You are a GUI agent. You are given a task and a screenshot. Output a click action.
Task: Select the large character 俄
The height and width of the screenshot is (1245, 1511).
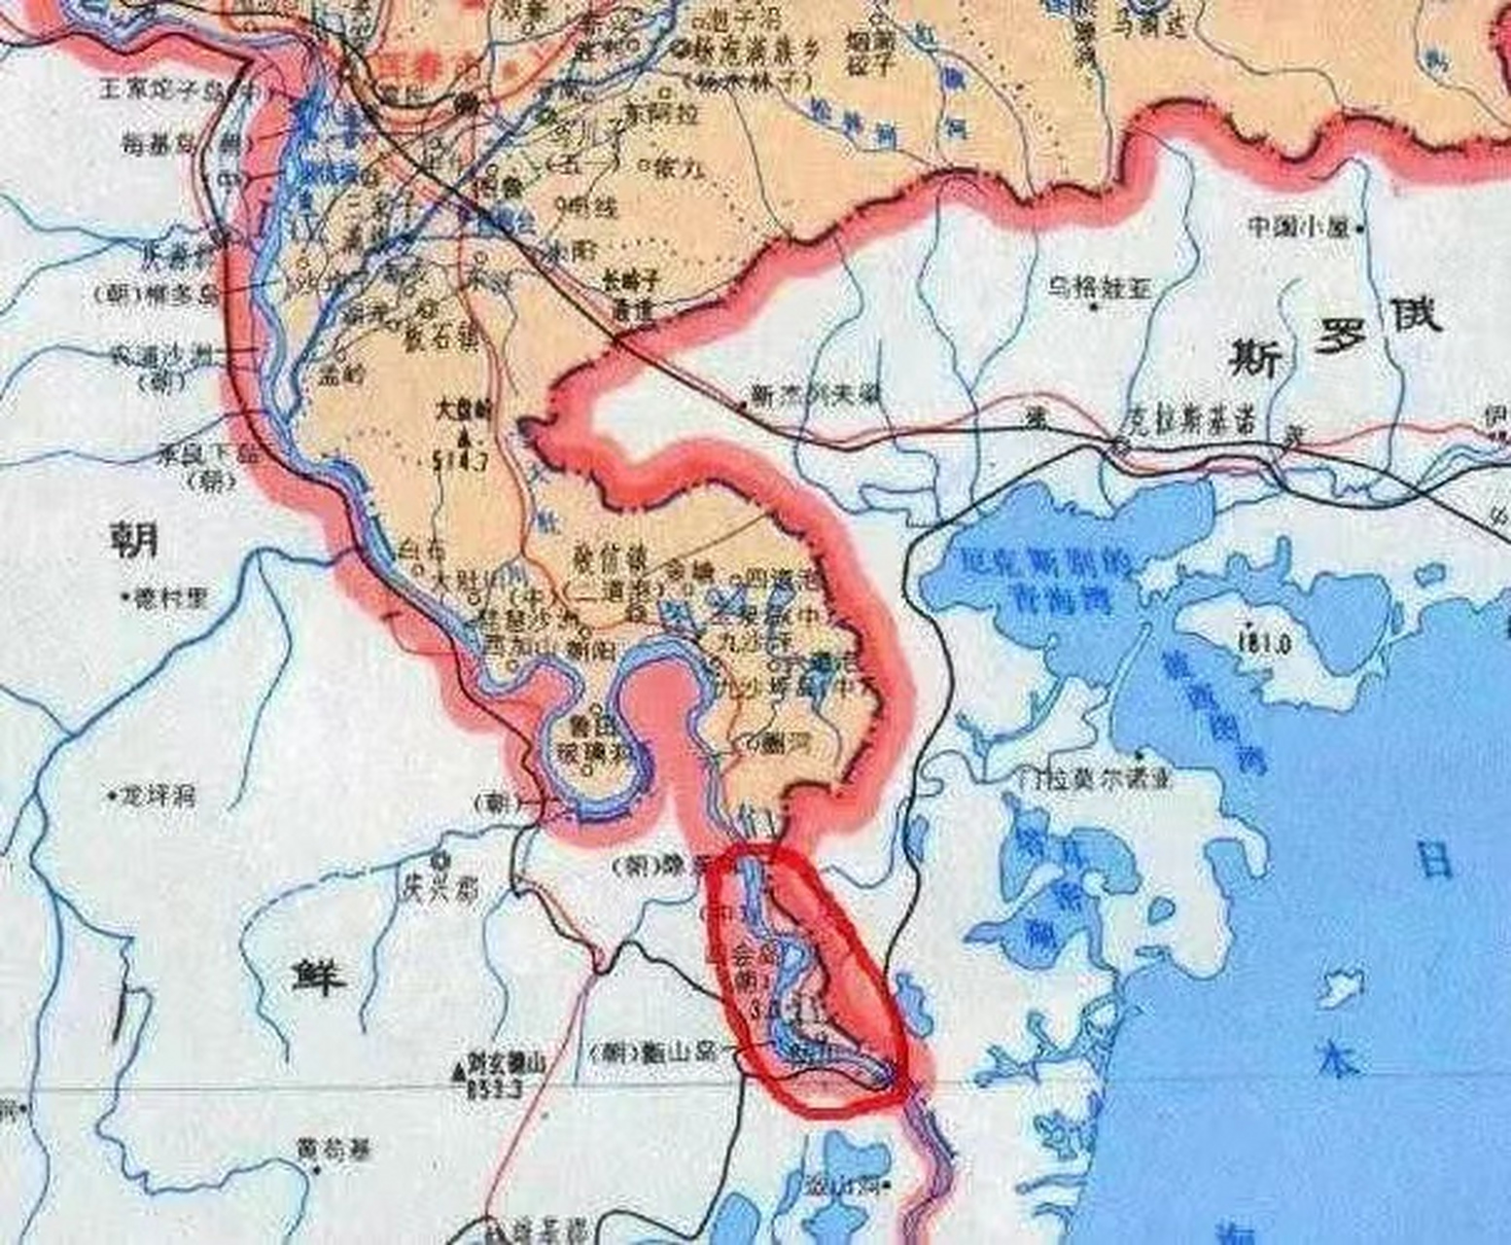coord(1413,315)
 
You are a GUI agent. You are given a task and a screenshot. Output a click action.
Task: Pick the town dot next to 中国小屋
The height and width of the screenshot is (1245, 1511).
coord(1358,228)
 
